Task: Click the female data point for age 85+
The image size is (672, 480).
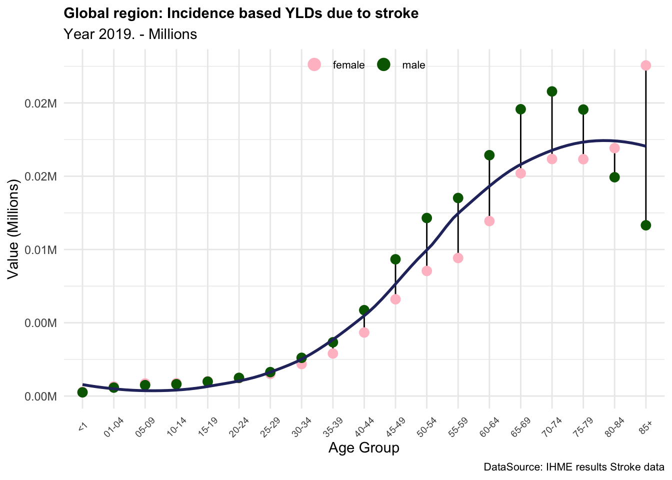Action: click(x=645, y=65)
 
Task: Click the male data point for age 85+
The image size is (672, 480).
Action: click(x=645, y=225)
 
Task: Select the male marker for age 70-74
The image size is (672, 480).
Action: click(x=552, y=91)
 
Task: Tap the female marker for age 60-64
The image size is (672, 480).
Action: click(x=489, y=221)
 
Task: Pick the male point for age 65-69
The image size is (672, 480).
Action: click(x=520, y=109)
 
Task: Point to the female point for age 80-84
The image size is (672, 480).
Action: click(x=614, y=148)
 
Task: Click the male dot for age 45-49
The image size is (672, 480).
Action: click(x=395, y=259)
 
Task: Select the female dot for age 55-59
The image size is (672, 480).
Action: click(x=458, y=258)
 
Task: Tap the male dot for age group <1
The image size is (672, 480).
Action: click(x=82, y=392)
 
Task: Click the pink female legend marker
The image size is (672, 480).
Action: click(x=314, y=64)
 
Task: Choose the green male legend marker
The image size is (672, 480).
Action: click(x=383, y=64)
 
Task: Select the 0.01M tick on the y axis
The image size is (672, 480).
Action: click(x=41, y=249)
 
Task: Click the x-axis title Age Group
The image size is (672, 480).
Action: click(x=363, y=448)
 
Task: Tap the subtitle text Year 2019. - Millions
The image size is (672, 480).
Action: click(x=130, y=34)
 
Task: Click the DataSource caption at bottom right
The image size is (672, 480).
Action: click(x=573, y=467)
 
